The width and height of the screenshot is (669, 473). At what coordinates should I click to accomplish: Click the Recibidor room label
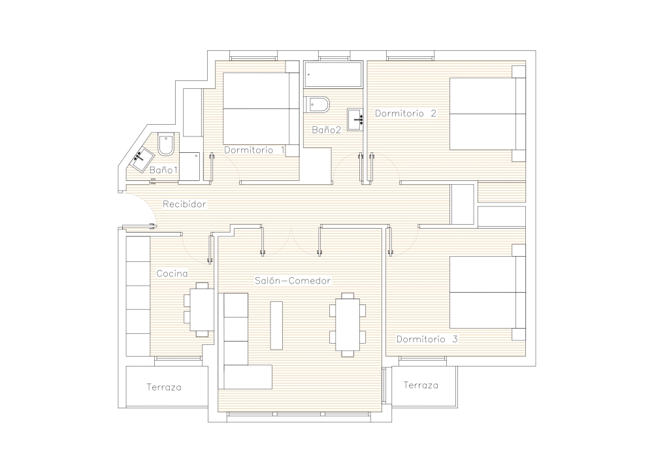point(184,204)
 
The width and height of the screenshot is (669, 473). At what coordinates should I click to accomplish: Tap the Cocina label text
point(172,273)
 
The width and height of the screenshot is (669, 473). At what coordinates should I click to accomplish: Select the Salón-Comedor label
point(293,281)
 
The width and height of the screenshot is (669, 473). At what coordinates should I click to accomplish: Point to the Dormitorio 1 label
point(254,150)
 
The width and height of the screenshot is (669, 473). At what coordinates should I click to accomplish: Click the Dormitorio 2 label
point(405,114)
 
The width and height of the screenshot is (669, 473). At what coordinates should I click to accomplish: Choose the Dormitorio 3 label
point(427,340)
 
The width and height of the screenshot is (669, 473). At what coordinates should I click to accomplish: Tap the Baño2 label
point(327,130)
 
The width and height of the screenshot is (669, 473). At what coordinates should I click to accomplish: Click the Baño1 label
point(163,170)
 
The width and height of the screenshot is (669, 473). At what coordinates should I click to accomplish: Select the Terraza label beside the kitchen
point(164,387)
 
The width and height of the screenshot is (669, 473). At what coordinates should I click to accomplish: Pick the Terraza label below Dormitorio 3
point(421,385)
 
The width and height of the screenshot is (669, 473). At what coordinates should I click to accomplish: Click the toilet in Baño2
point(318,105)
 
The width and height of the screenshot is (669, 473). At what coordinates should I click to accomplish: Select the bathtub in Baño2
point(334,74)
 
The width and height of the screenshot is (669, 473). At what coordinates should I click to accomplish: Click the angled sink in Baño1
point(142,160)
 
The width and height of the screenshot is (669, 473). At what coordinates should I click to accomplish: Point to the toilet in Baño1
point(166,144)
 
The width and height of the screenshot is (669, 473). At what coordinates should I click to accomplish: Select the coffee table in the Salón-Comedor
point(276,325)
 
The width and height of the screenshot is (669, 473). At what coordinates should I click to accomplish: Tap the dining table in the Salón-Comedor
point(348,324)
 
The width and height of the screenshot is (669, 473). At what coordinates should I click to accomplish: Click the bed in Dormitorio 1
point(261,108)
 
